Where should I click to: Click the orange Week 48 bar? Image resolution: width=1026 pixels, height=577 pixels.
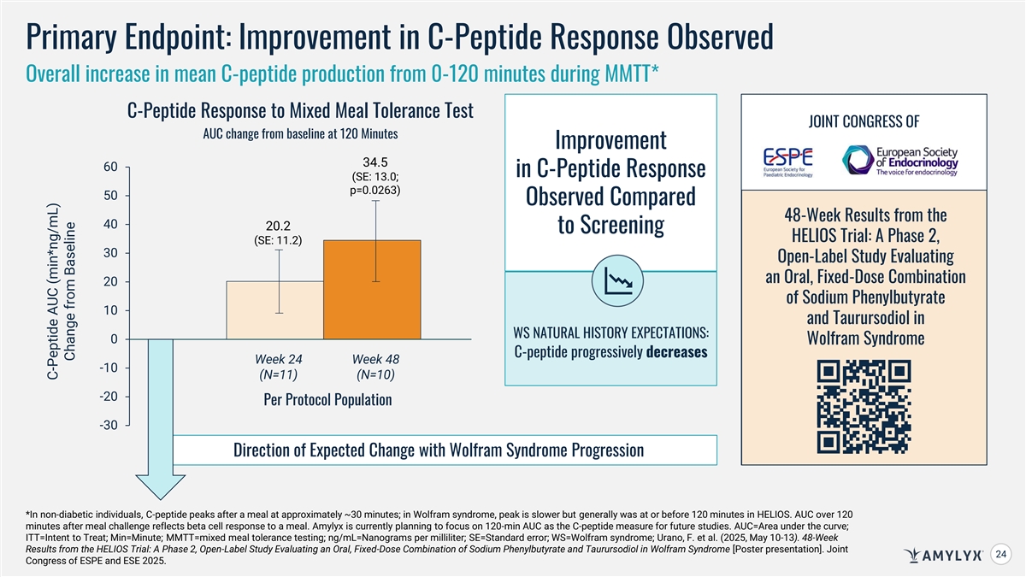point(372,290)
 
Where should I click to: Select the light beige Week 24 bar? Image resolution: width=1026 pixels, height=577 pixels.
point(274,310)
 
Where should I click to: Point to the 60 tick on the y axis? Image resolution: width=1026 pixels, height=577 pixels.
point(111,167)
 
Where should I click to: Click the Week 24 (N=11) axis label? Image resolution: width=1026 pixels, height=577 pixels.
point(278,367)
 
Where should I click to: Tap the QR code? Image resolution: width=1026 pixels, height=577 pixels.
point(864,407)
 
